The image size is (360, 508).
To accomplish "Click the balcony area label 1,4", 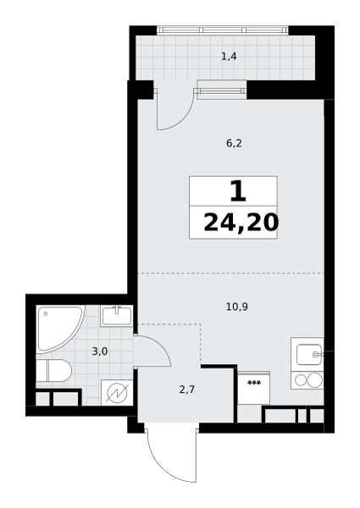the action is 229,57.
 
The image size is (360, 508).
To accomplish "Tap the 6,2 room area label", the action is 234,143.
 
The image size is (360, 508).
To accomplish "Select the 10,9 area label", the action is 237,306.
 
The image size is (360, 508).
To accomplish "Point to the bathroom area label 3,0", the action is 100,351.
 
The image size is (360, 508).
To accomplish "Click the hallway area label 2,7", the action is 187,389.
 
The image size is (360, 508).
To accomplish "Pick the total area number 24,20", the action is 241,223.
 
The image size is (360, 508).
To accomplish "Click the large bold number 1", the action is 238,191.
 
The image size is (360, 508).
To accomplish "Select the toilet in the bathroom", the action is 53,370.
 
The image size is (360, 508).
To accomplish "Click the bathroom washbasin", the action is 117,316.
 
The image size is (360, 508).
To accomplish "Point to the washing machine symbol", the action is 117,392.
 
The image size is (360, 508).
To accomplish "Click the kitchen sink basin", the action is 309,355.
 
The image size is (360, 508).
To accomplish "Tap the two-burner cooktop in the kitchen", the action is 307,379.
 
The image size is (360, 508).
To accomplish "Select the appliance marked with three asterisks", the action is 254,388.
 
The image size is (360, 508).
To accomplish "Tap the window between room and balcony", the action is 222,89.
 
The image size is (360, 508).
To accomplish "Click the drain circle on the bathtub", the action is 46,313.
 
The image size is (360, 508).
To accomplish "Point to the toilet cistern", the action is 42,370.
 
